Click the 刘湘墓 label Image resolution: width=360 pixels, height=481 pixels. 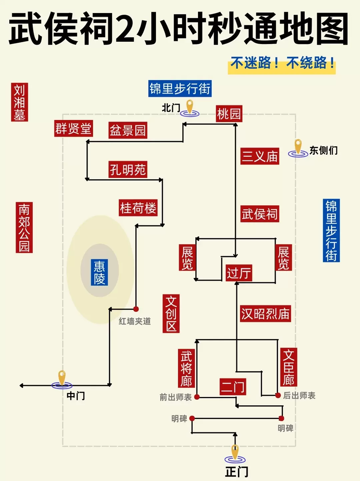tap(19, 102)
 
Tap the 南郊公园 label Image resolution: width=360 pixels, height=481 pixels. tap(24, 227)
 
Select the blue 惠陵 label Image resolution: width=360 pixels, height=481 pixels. tap(99, 272)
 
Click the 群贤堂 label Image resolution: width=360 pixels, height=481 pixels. tap(73, 129)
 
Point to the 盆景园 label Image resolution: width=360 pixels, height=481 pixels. tap(128, 130)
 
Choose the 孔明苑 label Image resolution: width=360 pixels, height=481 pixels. tap(128, 170)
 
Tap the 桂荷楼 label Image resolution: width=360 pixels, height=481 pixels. tap(138, 208)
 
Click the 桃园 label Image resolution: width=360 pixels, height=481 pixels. tap(229, 114)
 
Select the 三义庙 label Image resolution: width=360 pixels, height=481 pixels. tap(260, 156)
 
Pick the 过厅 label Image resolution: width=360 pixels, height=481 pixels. tap(239, 273)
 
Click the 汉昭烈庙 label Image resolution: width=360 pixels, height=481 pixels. tap(265, 314)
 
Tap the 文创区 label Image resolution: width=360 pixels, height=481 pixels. tap(171, 313)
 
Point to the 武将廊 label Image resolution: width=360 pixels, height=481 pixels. tap(186, 368)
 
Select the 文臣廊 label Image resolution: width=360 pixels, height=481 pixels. tap(289, 367)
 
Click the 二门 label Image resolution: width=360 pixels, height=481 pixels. tap(233, 387)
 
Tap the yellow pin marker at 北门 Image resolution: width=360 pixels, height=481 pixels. tap(190, 107)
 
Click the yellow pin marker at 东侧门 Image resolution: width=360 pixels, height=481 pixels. tap(298, 147)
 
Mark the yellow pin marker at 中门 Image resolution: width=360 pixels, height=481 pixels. tap(62, 378)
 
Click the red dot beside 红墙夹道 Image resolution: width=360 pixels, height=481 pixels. tap(136, 309)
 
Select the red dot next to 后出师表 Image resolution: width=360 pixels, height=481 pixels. tap(278, 395)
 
